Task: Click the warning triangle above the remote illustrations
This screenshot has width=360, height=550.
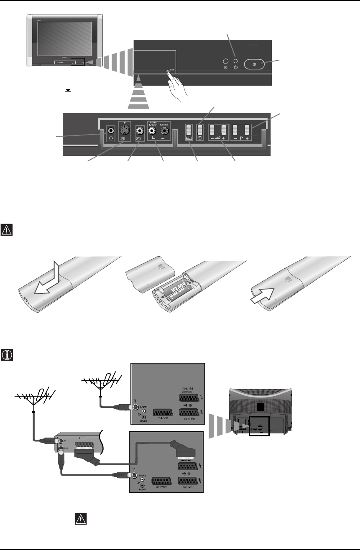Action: pyautogui.click(x=8, y=230)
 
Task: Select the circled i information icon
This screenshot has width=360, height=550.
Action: pyautogui.click(x=8, y=355)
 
